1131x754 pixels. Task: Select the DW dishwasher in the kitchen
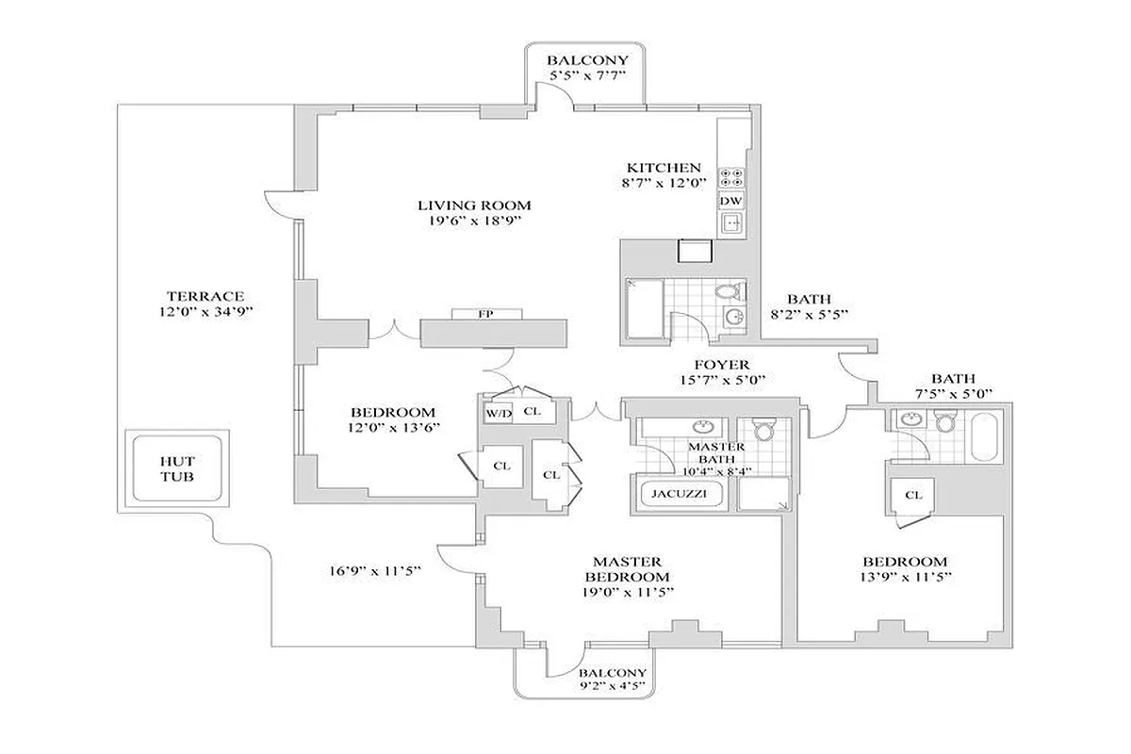(730, 201)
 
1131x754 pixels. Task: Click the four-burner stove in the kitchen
(730, 178)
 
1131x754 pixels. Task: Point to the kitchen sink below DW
(731, 223)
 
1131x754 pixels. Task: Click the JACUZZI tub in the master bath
(674, 493)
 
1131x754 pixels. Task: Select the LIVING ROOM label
(474, 205)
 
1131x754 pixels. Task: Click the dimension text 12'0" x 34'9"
(207, 311)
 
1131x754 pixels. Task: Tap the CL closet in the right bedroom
(912, 495)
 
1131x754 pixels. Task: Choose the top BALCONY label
(587, 60)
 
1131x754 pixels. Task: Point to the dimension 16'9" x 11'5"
(374, 570)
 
